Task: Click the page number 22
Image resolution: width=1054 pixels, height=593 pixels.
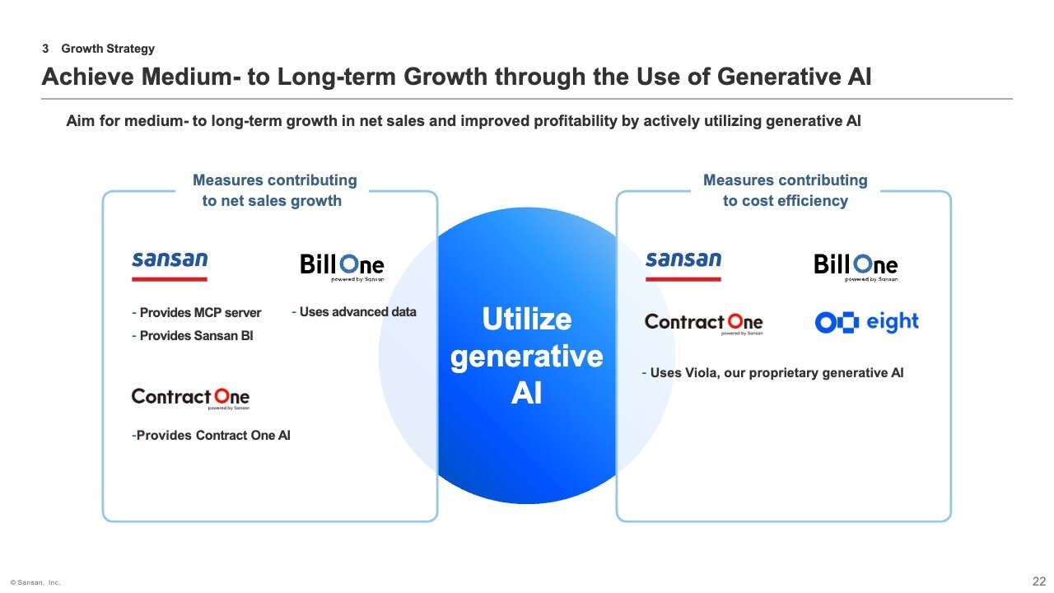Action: click(1039, 581)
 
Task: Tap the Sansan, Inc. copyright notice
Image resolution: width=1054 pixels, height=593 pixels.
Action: click(35, 582)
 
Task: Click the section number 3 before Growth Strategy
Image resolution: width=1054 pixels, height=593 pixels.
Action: click(45, 49)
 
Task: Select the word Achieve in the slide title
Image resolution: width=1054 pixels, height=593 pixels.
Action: click(88, 77)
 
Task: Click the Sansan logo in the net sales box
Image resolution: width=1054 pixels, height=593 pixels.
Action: click(170, 266)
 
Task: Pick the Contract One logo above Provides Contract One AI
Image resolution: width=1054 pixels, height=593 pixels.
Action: click(190, 399)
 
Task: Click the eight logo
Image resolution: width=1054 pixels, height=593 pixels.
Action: click(866, 322)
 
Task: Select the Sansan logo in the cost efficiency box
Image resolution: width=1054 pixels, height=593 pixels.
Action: click(683, 266)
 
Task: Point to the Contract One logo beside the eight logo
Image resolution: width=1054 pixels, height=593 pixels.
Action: click(704, 324)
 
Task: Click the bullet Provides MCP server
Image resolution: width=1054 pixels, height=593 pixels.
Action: click(196, 312)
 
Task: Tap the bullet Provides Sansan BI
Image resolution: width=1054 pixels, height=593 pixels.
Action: click(192, 335)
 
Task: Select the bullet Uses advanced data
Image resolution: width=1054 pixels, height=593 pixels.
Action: click(354, 311)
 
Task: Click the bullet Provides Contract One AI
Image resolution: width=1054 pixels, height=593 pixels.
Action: click(211, 436)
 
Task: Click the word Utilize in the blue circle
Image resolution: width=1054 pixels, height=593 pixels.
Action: click(527, 319)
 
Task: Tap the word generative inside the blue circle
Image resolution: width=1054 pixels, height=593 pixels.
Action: click(527, 357)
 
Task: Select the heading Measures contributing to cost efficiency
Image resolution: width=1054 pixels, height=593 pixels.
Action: click(786, 190)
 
